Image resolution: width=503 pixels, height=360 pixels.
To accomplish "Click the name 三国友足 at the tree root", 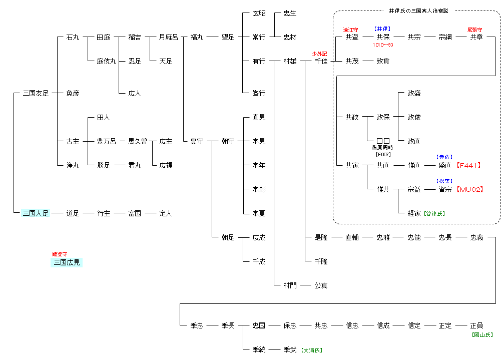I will pyautogui.click(x=36, y=93).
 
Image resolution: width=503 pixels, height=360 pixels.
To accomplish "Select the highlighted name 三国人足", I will pyautogui.click(x=36, y=213).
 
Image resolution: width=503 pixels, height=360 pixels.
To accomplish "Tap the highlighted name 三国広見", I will pyautogui.click(x=66, y=262).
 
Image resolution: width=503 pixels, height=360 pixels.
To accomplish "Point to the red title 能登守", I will pyautogui.click(x=60, y=254).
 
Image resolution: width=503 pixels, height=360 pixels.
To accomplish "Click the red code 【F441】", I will pyautogui.click(x=469, y=165).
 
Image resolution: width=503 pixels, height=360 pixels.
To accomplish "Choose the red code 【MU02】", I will pyautogui.click(x=469, y=189).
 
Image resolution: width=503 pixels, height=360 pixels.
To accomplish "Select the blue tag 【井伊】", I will pyautogui.click(x=382, y=29).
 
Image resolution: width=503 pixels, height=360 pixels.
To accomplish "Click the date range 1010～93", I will pyautogui.click(x=383, y=45).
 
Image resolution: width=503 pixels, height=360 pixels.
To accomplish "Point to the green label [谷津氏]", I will pyautogui.click(x=434, y=214).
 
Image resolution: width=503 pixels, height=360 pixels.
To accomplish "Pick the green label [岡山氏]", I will pyautogui.click(x=482, y=334).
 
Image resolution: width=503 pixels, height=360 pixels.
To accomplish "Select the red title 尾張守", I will pyautogui.click(x=475, y=30).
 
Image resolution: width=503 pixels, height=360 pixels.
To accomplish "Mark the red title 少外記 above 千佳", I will pyautogui.click(x=319, y=54).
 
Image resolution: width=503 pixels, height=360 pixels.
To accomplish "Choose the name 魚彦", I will pyautogui.click(x=73, y=93).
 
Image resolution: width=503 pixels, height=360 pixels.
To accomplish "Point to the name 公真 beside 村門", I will pyautogui.click(x=321, y=285).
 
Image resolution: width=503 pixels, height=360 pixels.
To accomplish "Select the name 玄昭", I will pyautogui.click(x=259, y=13).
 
